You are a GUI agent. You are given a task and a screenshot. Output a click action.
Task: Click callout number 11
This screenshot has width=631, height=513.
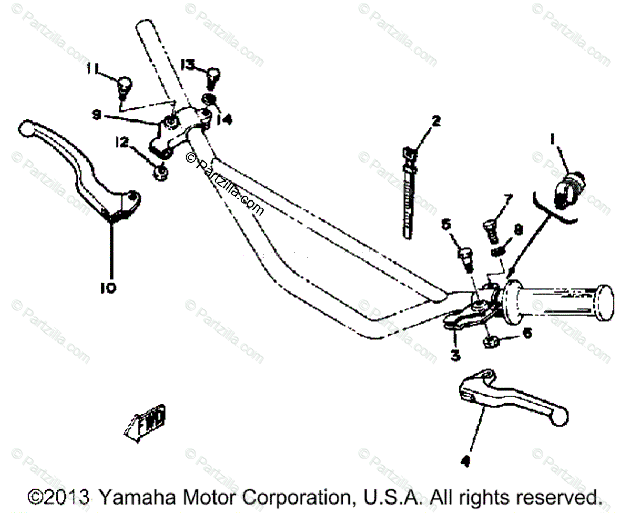[93, 68]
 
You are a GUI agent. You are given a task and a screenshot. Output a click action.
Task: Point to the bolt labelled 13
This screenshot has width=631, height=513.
[213, 78]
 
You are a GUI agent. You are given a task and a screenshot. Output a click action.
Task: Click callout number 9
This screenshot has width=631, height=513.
[96, 114]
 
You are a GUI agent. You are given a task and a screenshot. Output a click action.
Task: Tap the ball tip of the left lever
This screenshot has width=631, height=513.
[26, 128]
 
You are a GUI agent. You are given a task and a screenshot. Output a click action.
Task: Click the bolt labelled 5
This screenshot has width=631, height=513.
[465, 257]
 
